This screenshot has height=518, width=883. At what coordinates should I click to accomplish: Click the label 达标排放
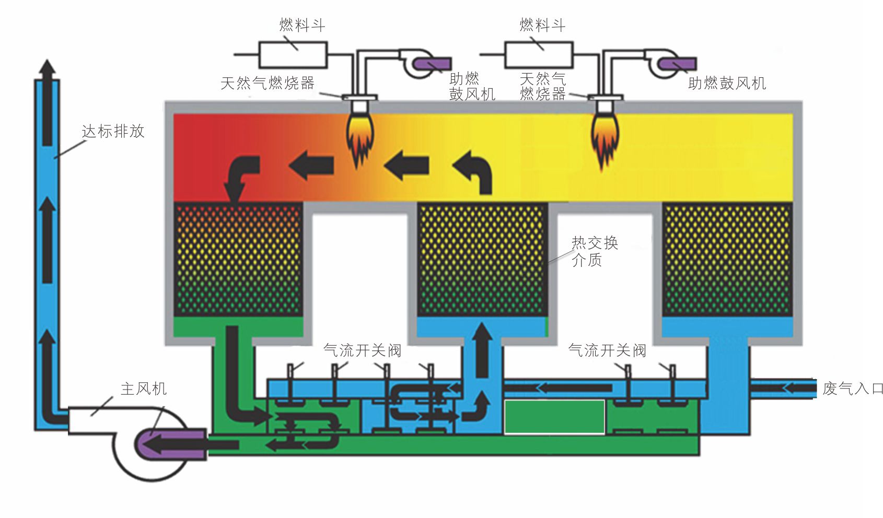click(x=113, y=131)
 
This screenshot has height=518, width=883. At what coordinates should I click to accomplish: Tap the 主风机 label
click(x=144, y=389)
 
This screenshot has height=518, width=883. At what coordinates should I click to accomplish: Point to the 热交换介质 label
click(x=594, y=251)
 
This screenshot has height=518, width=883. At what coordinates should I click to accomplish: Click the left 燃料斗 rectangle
click(x=293, y=54)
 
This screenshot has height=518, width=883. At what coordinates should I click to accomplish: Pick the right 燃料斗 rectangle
click(x=538, y=54)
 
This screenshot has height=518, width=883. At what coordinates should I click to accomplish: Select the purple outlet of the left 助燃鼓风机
click(x=433, y=64)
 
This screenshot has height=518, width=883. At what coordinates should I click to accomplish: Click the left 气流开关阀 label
click(x=362, y=350)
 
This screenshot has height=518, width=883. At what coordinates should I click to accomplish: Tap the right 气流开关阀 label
click(x=607, y=350)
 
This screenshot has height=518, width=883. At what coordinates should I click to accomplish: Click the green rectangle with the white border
click(x=554, y=417)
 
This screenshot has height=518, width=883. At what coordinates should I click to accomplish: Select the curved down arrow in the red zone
click(x=240, y=178)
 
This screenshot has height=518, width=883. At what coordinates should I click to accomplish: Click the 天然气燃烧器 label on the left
click(x=267, y=83)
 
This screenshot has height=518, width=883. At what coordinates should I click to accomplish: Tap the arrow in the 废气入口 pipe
click(x=797, y=388)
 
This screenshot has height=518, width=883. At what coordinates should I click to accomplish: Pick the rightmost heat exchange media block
click(x=727, y=260)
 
